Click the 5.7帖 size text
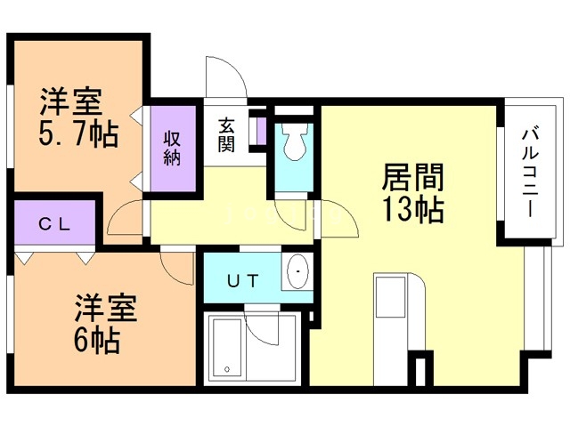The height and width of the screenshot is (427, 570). (77, 135)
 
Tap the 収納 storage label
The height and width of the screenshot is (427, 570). (173, 148)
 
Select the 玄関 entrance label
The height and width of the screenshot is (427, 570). (227, 134)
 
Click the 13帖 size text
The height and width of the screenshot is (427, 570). (412, 211)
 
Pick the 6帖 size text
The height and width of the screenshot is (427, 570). (99, 341)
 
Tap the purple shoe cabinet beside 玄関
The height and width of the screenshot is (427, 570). (260, 132)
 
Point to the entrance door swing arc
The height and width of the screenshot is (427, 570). (227, 76)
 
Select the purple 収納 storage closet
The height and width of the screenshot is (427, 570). (172, 148)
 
